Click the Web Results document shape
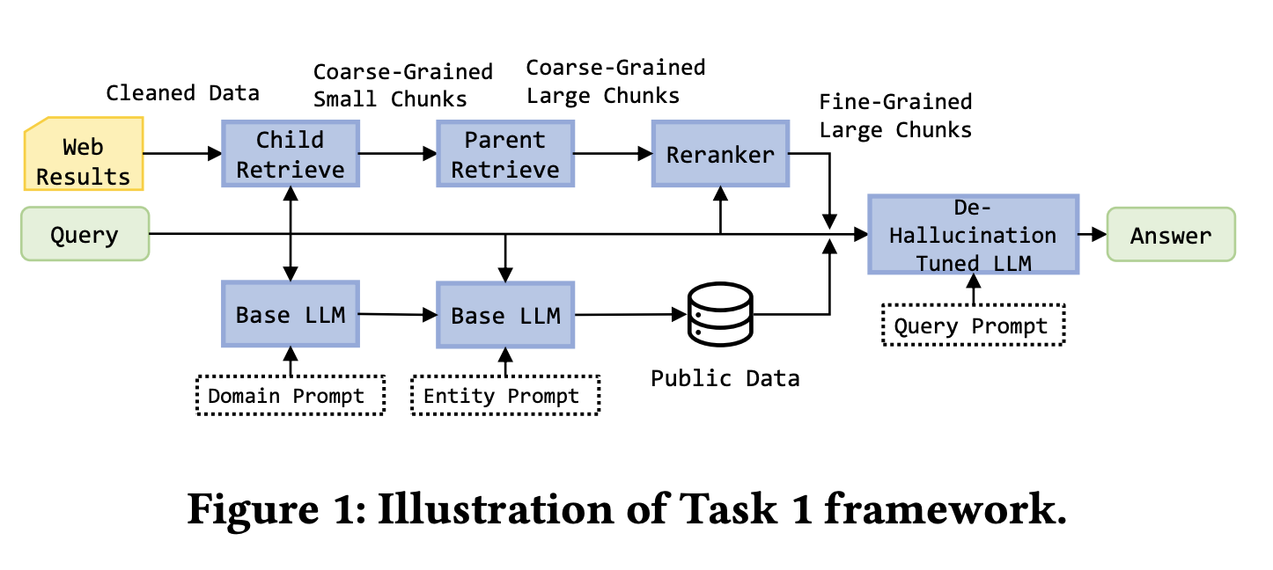pyautogui.click(x=83, y=155)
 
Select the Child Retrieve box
pyautogui.click(x=291, y=155)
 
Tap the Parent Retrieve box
pyautogui.click(x=505, y=155)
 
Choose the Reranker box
pyautogui.click(x=720, y=155)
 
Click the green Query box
pyautogui.click(x=85, y=234)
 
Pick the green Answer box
pyautogui.click(x=1171, y=234)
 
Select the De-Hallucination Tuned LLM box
pyautogui.click(x=973, y=234)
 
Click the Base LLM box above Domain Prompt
pyautogui.click(x=291, y=314)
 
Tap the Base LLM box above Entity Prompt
pyautogui.click(x=505, y=314)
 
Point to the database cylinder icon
pyautogui.click(x=721, y=314)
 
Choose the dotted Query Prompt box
pyautogui.click(x=972, y=326)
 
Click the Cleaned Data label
pyautogui.click(x=183, y=92)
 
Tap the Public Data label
pyautogui.click(x=725, y=378)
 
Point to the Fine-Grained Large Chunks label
pyautogui.click(x=895, y=116)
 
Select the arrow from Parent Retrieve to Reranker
pyautogui.click(x=613, y=154)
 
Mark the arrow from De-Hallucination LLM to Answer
pyautogui.click(x=1093, y=234)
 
